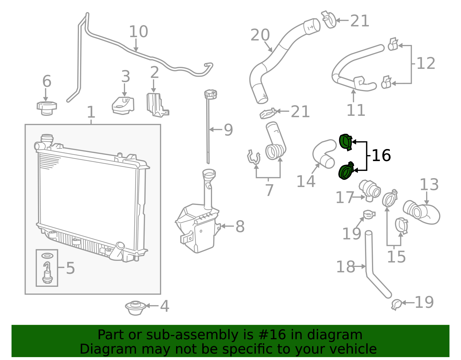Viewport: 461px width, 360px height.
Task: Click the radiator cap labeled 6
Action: (x=47, y=108)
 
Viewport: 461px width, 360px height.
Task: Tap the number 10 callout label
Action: (x=138, y=32)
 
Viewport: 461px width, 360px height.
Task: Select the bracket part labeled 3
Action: (x=123, y=105)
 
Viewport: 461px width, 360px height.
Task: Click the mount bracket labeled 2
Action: (x=156, y=105)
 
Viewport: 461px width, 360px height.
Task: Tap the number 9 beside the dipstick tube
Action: (x=228, y=130)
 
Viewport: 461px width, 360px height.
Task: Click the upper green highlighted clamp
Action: (x=345, y=142)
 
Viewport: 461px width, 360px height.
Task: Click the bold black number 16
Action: (x=381, y=156)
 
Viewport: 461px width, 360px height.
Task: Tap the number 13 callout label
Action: (x=429, y=184)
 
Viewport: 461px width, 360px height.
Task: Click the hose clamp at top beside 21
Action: (x=329, y=20)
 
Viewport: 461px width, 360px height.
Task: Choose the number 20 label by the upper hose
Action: (x=260, y=35)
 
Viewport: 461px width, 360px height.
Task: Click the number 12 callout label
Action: (x=426, y=63)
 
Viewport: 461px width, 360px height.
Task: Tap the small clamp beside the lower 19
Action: (x=396, y=304)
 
